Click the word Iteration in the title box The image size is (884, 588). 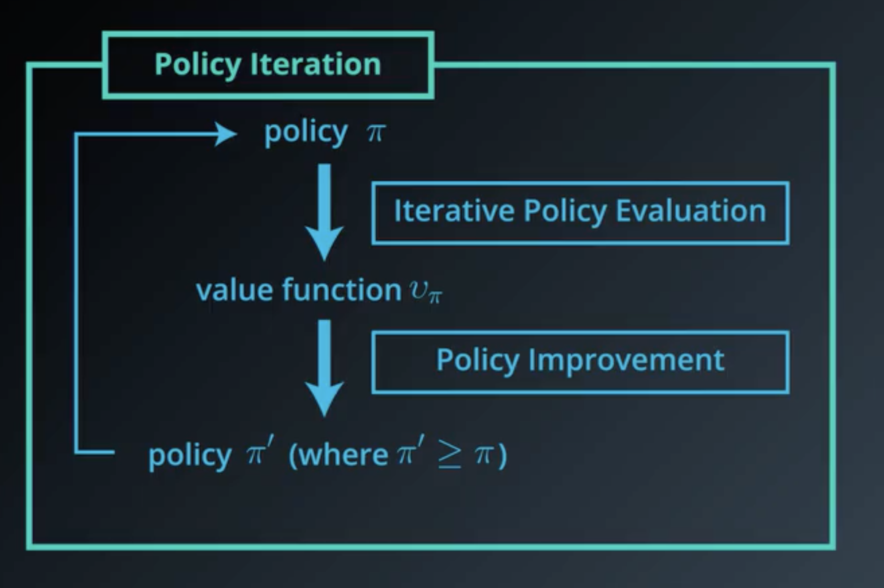coord(316,64)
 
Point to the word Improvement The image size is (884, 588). coord(626,360)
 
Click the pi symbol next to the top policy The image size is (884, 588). coord(376,133)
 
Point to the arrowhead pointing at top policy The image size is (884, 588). coord(226,134)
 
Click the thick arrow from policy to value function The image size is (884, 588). coord(324,212)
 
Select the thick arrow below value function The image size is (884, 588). coord(324,368)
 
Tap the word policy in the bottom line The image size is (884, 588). coord(189,456)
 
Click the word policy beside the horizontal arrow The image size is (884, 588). coord(306,133)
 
